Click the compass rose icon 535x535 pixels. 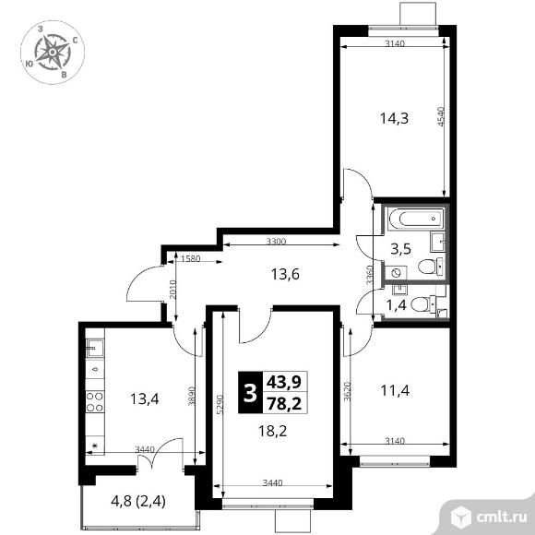[x=53, y=53]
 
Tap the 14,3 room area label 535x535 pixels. [x=394, y=119]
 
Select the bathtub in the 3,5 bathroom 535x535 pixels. [x=416, y=219]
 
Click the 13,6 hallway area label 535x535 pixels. [x=285, y=274]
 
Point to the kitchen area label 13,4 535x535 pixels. [x=144, y=398]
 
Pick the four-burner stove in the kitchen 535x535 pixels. [x=94, y=402]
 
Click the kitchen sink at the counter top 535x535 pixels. [x=94, y=348]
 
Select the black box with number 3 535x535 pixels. [x=251, y=392]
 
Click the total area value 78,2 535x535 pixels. [x=284, y=404]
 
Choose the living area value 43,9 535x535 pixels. [x=284, y=382]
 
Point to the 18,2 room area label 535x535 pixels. [x=272, y=432]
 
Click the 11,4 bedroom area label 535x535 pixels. [x=395, y=391]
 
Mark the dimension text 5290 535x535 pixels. [x=220, y=405]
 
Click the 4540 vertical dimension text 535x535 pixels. [x=441, y=117]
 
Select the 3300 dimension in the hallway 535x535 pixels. [x=276, y=242]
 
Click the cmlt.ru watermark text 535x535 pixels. [x=501, y=517]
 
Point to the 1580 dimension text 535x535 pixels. [x=190, y=259]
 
